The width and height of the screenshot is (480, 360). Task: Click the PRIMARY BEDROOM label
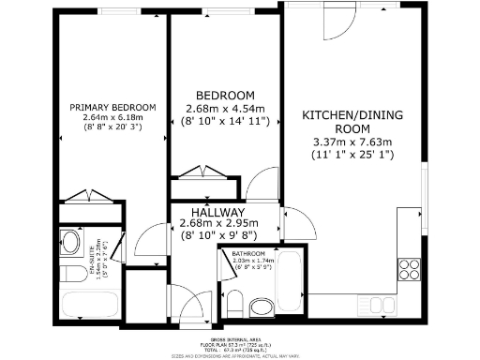point(112,107)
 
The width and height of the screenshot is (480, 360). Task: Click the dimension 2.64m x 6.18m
point(112,117)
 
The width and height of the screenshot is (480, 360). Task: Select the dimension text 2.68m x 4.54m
point(225,109)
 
